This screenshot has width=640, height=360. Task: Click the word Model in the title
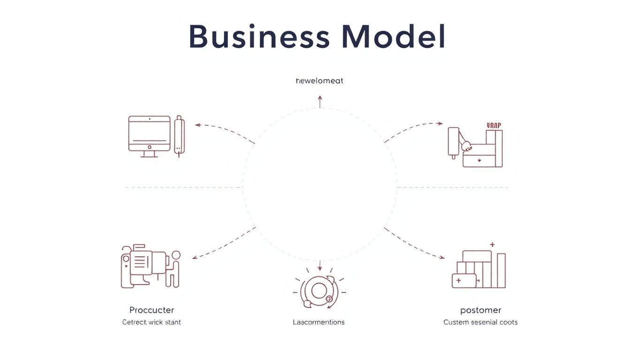393,37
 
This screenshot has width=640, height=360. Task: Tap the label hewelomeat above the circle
320,81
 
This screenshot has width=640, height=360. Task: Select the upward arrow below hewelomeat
320,101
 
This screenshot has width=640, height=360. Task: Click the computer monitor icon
149,135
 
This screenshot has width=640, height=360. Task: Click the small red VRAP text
494,125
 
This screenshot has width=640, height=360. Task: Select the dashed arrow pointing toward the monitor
224,131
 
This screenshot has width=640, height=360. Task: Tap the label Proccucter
151,310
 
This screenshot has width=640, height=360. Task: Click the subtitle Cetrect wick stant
151,322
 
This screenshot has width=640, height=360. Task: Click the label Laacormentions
319,322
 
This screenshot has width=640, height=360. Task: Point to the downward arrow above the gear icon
320,266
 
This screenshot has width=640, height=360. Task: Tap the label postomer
481,310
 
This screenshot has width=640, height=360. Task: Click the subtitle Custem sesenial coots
481,322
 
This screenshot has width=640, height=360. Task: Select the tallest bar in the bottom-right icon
501,270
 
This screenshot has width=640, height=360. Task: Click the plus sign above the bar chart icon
492,244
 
